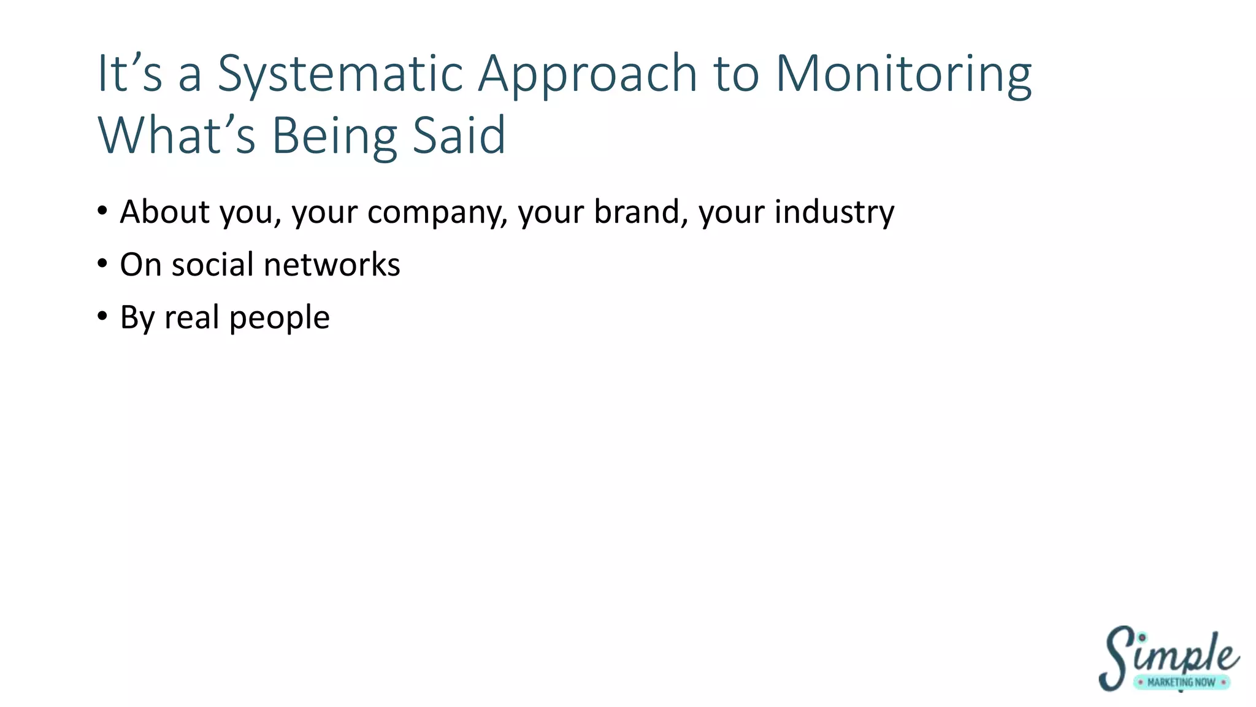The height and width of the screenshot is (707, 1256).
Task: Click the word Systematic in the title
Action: point(340,75)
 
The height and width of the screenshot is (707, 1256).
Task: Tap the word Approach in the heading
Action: point(587,75)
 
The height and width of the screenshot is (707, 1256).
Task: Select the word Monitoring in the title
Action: point(903,75)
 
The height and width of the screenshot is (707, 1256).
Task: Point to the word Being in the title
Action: point(334,136)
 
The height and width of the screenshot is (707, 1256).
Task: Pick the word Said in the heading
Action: point(459,136)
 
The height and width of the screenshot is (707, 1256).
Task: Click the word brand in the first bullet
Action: point(637,212)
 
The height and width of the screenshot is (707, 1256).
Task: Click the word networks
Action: point(332,265)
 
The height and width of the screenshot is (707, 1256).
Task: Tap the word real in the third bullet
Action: point(191,318)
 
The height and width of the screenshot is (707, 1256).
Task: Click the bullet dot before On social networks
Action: point(102,265)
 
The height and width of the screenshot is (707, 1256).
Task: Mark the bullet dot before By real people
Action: point(102,317)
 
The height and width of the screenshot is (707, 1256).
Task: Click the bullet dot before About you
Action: point(102,212)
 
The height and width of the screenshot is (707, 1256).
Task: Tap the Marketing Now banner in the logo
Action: point(1181,682)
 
